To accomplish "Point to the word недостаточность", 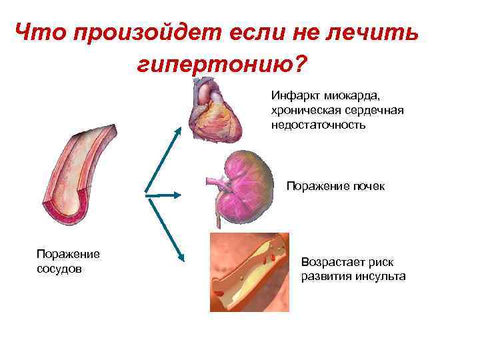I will pos(318,124).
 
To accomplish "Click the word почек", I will pos(369,186).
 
